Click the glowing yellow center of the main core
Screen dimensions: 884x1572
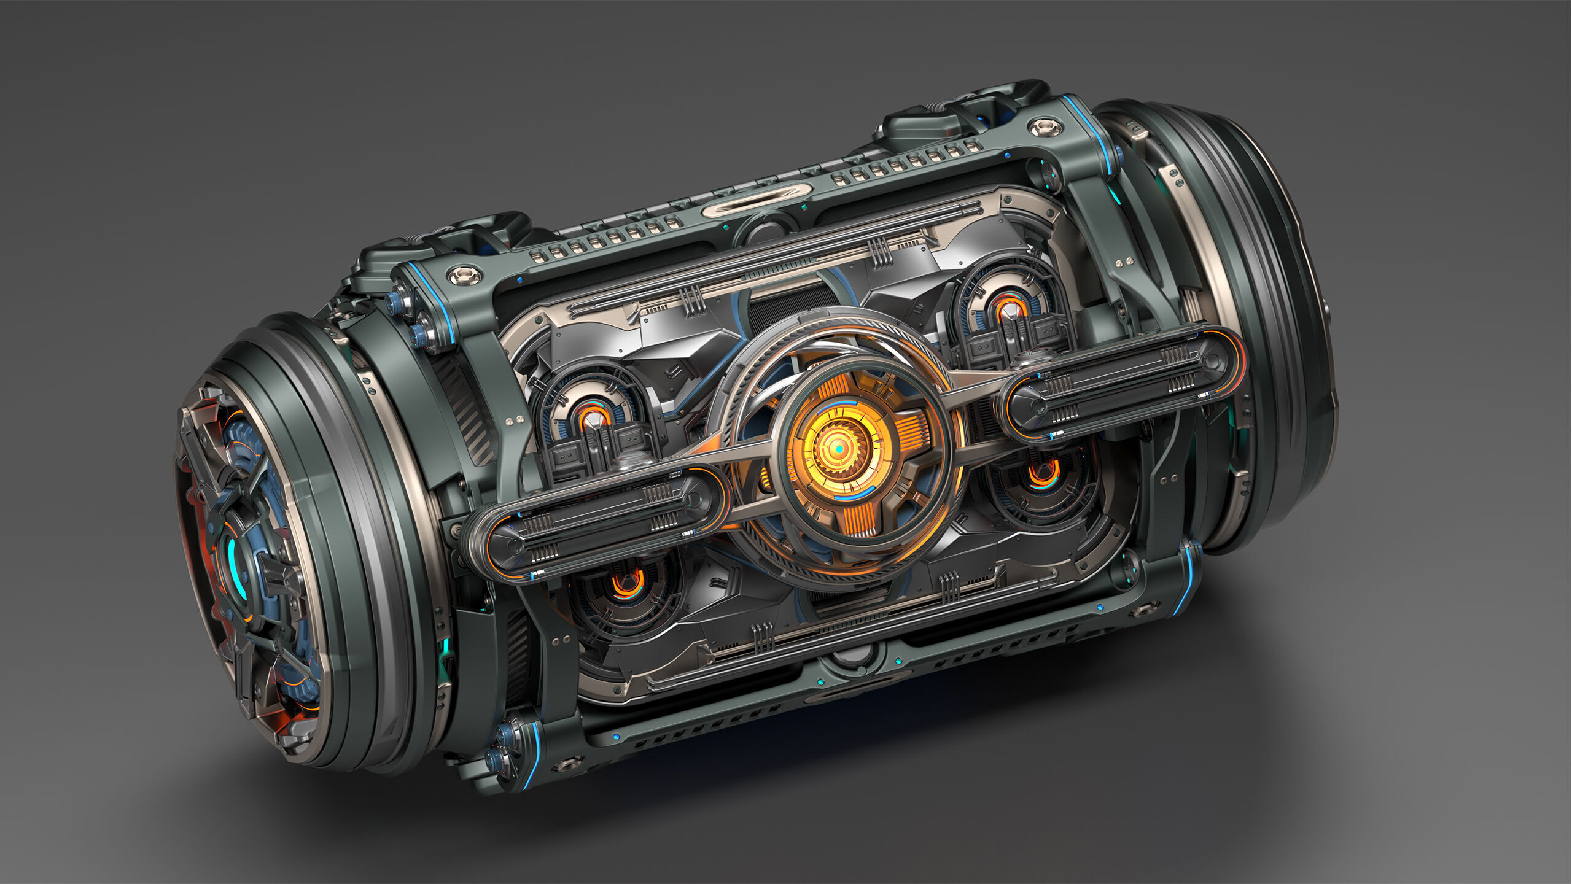coord(838,450)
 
